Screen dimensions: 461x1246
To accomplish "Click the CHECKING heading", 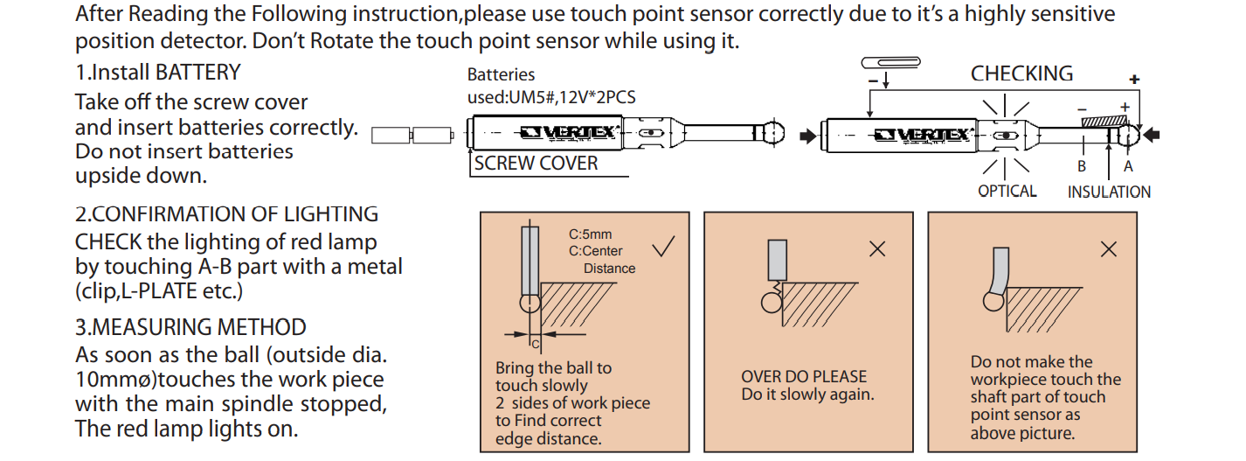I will point(1021,73).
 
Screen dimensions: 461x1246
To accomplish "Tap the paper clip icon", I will point(890,61).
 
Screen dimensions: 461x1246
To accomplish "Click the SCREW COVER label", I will point(536,164).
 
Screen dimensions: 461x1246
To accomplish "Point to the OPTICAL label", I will point(1007,191).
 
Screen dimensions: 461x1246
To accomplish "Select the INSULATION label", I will point(1109,192).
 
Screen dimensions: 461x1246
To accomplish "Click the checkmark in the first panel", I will point(663,247).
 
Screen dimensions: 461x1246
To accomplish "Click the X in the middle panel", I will point(877,249).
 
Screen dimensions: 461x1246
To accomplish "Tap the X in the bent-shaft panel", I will point(1108,249).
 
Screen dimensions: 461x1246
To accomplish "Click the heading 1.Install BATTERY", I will point(157,72).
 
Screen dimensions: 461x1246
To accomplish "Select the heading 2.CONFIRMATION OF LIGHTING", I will point(226,214).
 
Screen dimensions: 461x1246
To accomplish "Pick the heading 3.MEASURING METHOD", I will point(190,327).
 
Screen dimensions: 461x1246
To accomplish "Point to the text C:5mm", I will point(591,234).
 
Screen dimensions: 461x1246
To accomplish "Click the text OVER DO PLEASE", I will point(804,377).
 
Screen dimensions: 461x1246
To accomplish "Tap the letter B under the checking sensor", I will point(1081,166).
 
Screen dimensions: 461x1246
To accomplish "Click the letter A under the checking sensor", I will point(1128,166).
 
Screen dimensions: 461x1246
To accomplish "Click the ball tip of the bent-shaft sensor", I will point(993,300).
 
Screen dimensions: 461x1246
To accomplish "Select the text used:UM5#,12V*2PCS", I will point(551,97).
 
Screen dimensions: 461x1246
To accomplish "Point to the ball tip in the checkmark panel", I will point(530,303).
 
